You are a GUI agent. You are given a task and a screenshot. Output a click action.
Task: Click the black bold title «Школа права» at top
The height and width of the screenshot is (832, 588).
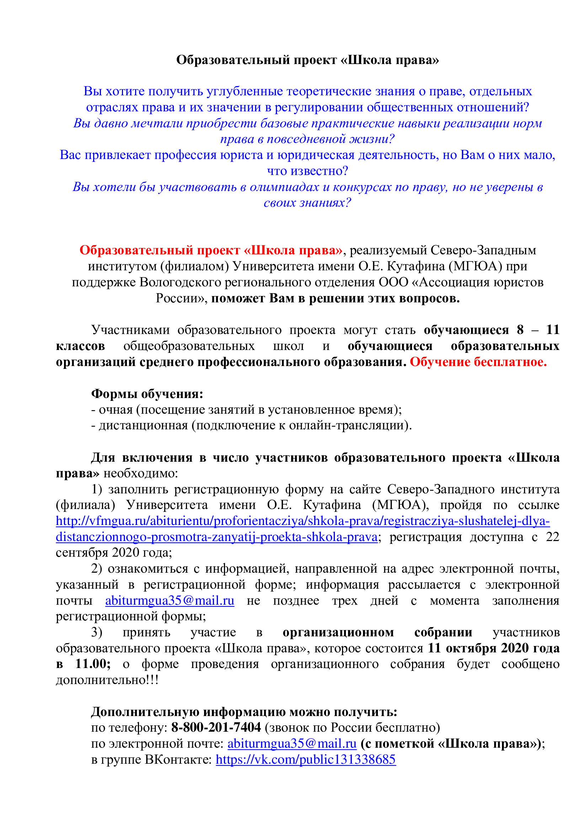(x=308, y=60)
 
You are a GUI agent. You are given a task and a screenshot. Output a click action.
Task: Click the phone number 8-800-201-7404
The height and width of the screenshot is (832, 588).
(x=216, y=727)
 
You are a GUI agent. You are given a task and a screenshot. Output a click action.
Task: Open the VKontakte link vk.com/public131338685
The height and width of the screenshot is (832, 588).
(x=306, y=759)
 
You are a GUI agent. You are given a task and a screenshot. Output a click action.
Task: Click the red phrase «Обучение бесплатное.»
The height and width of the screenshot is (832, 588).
(x=478, y=362)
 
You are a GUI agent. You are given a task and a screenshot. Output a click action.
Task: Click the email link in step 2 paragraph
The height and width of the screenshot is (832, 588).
(x=170, y=600)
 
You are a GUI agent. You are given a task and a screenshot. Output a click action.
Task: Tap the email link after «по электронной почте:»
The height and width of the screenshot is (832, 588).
(x=292, y=743)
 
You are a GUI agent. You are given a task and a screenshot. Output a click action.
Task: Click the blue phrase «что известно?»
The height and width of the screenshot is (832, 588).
(x=308, y=171)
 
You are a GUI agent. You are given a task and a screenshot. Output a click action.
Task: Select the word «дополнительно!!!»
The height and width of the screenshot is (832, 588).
(x=107, y=679)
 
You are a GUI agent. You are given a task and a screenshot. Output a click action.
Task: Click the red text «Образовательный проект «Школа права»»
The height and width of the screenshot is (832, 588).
(x=211, y=250)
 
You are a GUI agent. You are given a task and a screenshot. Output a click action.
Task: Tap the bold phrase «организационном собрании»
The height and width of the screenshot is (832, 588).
(x=377, y=632)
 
